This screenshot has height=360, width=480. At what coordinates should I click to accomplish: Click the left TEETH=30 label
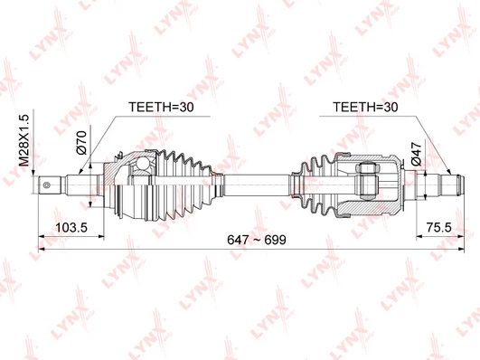[x=161, y=107]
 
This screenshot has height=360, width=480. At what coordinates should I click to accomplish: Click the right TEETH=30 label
[x=365, y=107]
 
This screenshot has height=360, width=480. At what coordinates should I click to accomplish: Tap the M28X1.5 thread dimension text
[x=24, y=140]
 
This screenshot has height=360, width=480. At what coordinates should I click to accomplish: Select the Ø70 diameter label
[x=81, y=142]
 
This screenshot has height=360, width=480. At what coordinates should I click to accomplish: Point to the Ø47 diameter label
[x=417, y=154]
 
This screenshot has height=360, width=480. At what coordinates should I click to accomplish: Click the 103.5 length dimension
[x=71, y=228]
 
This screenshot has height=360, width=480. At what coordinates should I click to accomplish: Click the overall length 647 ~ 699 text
[x=257, y=240]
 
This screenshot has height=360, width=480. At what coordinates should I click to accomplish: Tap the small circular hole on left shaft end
[x=46, y=185]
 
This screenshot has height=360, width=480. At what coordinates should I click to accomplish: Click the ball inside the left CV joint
[x=141, y=163]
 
